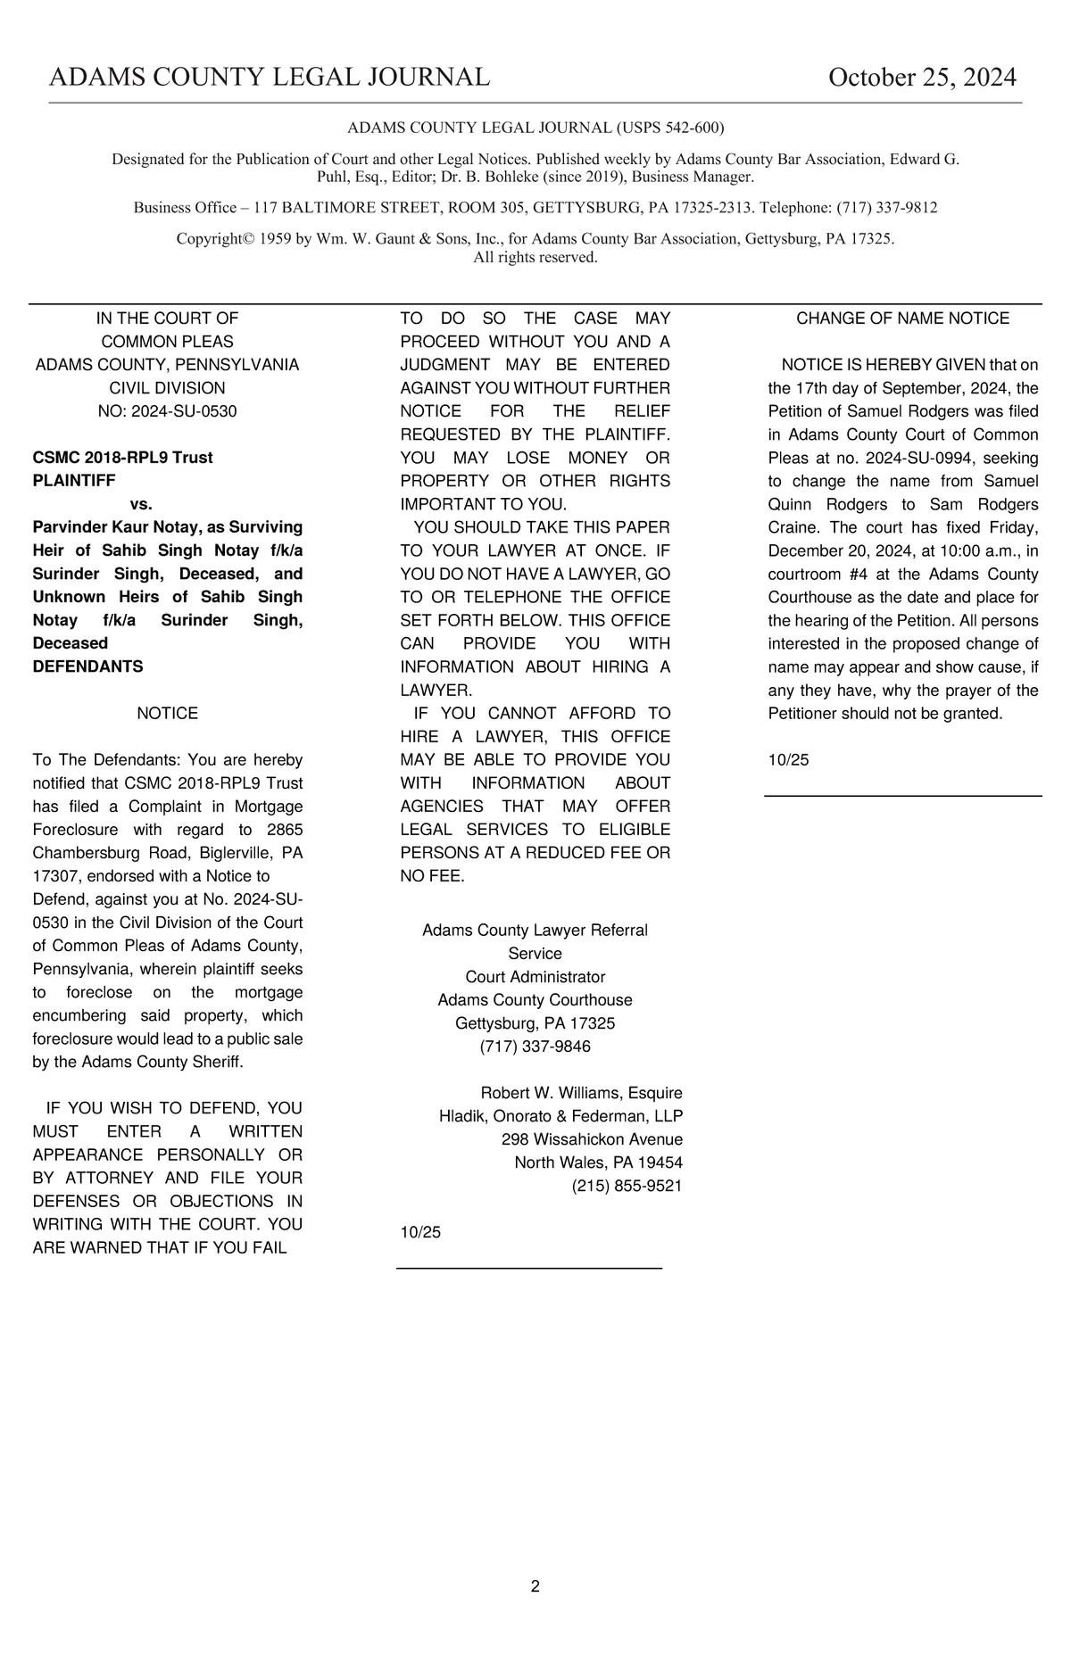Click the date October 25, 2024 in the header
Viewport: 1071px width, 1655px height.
pyautogui.click(x=921, y=78)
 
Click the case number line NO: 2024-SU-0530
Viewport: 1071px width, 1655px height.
pyautogui.click(x=167, y=411)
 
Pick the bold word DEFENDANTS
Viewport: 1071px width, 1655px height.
pyautogui.click(x=87, y=666)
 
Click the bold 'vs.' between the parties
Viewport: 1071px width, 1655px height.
pyautogui.click(x=141, y=504)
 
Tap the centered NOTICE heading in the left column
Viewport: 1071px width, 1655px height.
pyautogui.click(x=167, y=714)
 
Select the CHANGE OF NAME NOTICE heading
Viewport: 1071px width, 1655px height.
pyautogui.click(x=902, y=319)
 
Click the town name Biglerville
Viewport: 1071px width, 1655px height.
pyautogui.click(x=223, y=853)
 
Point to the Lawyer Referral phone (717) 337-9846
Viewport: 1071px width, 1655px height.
pyautogui.click(x=535, y=1047)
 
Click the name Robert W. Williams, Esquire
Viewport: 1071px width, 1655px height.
pyautogui.click(x=581, y=1093)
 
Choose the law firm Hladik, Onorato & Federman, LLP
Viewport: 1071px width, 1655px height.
pyautogui.click(x=560, y=1116)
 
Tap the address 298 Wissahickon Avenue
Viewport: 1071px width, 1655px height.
pyautogui.click(x=592, y=1139)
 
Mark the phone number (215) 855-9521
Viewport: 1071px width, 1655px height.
pyautogui.click(x=627, y=1186)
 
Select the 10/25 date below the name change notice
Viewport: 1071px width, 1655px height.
pyautogui.click(x=788, y=760)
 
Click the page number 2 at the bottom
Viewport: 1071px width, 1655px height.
pyautogui.click(x=535, y=1585)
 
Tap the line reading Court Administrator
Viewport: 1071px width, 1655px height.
pyautogui.click(x=535, y=977)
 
